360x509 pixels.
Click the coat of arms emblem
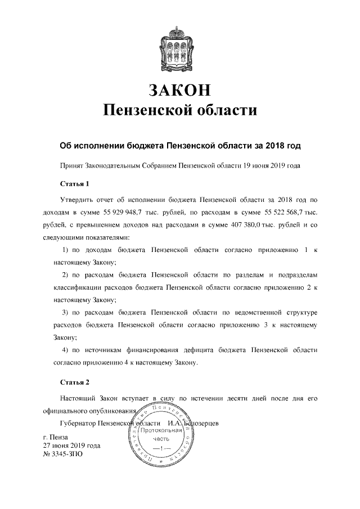tap(180, 47)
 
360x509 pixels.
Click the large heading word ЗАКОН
tap(179, 89)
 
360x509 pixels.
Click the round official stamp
tap(161, 435)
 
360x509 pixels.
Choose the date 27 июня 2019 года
tap(71, 445)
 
